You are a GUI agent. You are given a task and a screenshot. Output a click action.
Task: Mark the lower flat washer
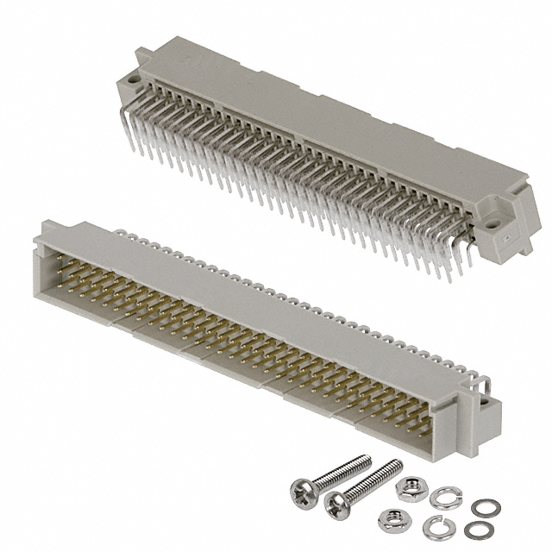coord(474,529)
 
